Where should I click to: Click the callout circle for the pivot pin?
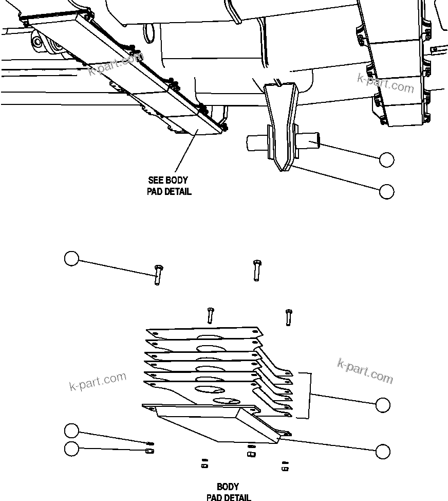click(x=386, y=160)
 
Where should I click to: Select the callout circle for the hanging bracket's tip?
click(x=386, y=191)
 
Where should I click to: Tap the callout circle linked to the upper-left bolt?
click(x=71, y=258)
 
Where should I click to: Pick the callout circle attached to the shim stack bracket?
click(x=383, y=405)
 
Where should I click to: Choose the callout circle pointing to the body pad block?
click(x=383, y=452)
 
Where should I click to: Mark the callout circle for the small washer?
click(x=71, y=430)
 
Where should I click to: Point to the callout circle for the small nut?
click(x=71, y=449)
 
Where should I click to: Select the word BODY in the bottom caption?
click(x=228, y=487)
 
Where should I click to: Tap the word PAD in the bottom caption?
click(x=215, y=497)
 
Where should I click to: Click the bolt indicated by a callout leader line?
click(x=157, y=274)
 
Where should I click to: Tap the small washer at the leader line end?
click(x=151, y=443)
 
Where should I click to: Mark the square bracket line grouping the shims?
click(x=310, y=395)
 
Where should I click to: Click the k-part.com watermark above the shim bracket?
click(x=365, y=371)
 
